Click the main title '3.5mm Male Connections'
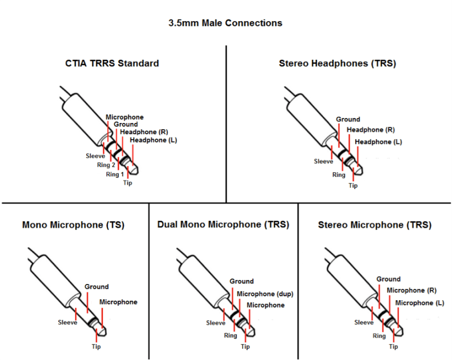pos(225,23)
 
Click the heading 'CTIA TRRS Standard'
pos(112,63)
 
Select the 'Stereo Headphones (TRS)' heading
pos(337,64)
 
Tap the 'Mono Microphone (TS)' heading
pos(73,225)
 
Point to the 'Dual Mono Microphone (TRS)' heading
pos(223,225)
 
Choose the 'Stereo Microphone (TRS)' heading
pos(375,225)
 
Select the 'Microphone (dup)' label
pos(265,294)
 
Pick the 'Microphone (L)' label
pos(420,303)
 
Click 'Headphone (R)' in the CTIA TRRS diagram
pos(144,132)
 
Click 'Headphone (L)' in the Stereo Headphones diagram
pos(378,142)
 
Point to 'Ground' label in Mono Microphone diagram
pos(96,287)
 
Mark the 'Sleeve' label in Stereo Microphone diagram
pos(364,323)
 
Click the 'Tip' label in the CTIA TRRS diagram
pos(128,183)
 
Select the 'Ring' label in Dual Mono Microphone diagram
pos(230,336)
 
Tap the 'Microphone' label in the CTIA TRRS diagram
pos(125,117)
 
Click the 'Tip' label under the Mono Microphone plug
pos(96,347)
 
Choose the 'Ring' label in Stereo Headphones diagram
pos(338,175)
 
